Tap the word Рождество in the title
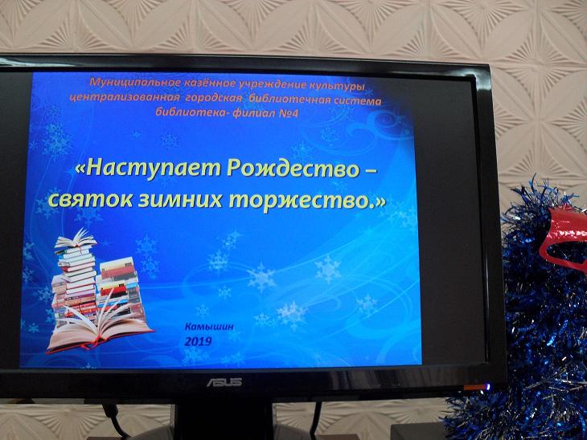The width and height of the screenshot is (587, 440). (293, 169)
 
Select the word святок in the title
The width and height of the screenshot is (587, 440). (90, 199)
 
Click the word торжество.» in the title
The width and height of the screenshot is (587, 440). (307, 201)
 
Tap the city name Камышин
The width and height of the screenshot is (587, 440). (209, 326)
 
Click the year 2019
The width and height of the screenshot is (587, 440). (199, 341)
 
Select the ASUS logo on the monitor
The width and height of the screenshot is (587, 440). (224, 382)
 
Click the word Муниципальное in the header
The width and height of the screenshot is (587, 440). (136, 82)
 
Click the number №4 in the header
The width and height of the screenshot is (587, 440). (289, 112)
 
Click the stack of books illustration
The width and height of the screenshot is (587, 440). (99, 291)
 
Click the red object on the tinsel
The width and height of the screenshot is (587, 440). (564, 239)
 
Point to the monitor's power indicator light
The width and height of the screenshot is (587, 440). (487, 386)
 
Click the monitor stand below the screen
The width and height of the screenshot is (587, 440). (224, 419)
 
